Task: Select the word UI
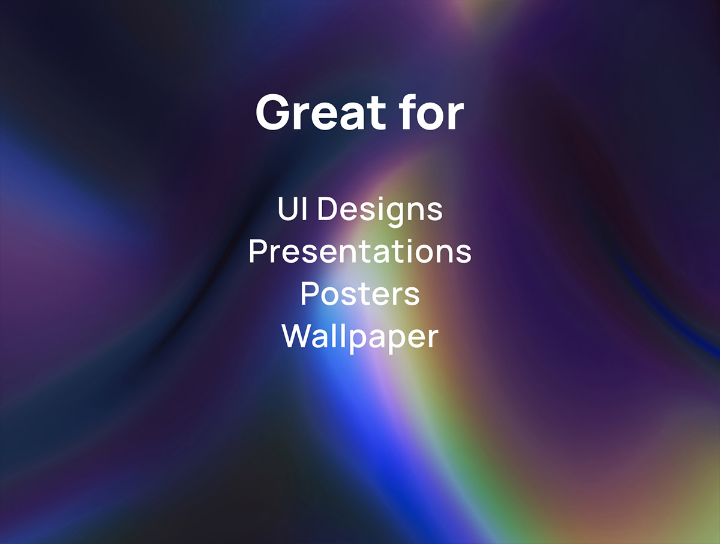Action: [x=293, y=209]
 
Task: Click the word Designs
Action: [x=380, y=212]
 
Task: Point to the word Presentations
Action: [x=360, y=251]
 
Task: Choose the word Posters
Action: [x=360, y=294]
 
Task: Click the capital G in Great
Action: [x=273, y=113]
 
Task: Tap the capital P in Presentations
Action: [x=257, y=251]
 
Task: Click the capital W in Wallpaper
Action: [x=296, y=336]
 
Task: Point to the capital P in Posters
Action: [x=309, y=294]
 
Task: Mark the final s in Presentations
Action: [x=464, y=254]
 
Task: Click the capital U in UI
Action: [x=288, y=209]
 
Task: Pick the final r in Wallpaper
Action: [x=433, y=339]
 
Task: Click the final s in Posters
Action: [x=412, y=297]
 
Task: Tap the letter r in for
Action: [x=456, y=117]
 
